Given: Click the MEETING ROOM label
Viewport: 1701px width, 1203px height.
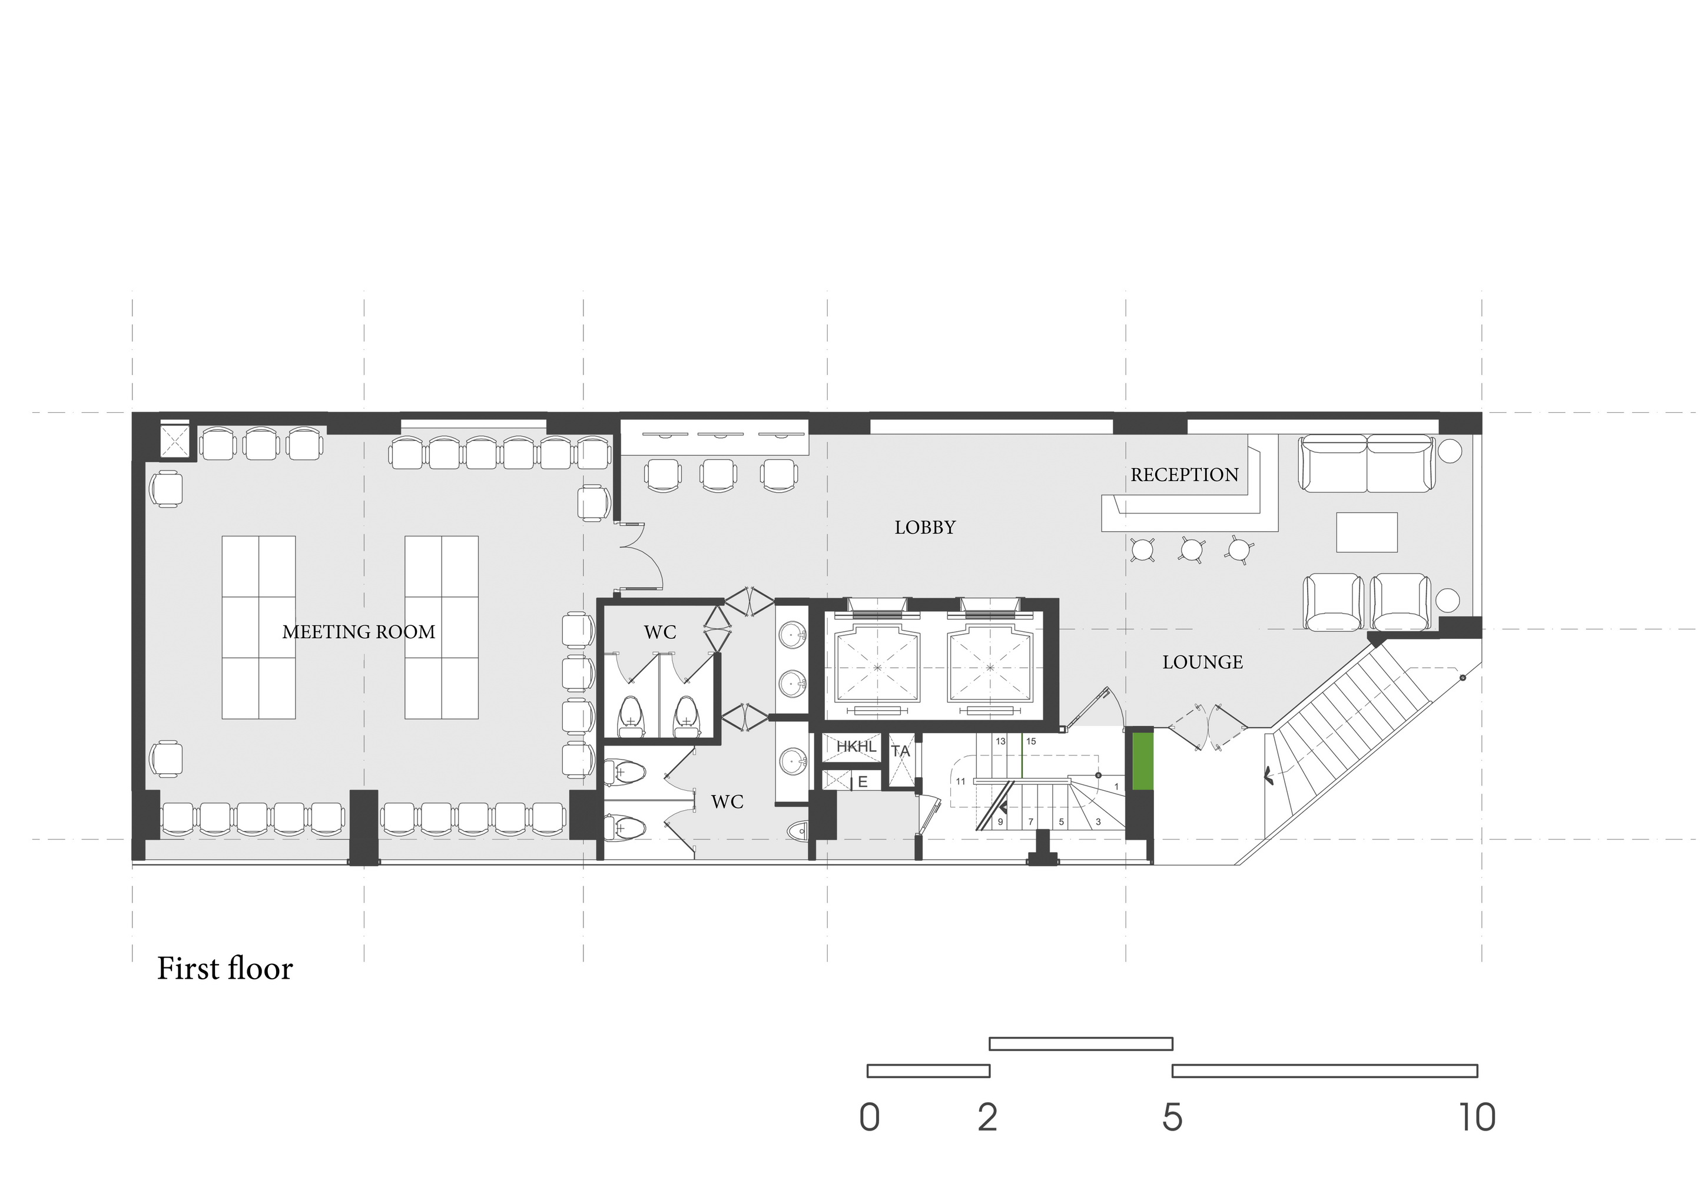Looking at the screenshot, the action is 359,632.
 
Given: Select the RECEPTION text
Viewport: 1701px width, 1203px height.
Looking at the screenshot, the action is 1185,475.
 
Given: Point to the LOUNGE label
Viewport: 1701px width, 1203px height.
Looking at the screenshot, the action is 1202,662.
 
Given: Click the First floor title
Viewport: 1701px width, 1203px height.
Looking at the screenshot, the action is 226,968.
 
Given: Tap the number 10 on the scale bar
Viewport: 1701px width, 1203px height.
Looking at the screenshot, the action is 1478,1117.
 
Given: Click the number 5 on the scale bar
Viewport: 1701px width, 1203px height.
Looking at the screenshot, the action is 1172,1117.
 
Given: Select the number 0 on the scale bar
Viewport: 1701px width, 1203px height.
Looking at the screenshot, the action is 870,1117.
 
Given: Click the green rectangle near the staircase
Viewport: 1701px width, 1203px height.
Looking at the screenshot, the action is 1142,760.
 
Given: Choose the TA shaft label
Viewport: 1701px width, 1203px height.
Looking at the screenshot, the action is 900,751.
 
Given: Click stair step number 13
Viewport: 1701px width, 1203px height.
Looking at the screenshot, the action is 1001,741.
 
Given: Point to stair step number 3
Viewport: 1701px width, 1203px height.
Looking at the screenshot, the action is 1098,821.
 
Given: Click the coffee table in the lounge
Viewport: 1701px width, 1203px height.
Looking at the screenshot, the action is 1367,532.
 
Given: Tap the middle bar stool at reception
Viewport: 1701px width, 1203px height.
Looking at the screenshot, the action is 1192,549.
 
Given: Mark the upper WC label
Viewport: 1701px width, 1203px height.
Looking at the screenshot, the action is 659,632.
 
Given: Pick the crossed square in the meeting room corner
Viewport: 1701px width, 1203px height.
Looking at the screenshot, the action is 175,442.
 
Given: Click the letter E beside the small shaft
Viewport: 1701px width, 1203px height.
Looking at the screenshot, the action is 863,781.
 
